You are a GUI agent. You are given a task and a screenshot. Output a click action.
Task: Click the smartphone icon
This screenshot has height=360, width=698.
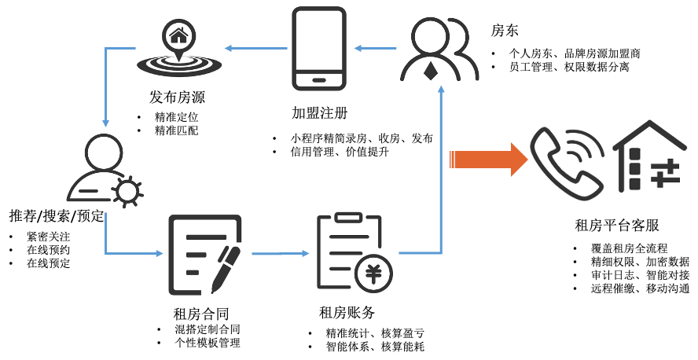tap(320, 49)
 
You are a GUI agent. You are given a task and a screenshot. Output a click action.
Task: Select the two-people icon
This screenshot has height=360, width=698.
tap(439, 49)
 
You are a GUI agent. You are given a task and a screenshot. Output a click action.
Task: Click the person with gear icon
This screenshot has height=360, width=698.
tap(105, 169)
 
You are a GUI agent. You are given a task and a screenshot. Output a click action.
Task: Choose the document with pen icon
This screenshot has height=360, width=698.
tap(207, 253)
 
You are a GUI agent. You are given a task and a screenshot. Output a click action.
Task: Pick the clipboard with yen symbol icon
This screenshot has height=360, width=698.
tap(354, 252)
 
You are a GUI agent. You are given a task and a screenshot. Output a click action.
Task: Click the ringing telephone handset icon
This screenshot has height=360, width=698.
tap(565, 161)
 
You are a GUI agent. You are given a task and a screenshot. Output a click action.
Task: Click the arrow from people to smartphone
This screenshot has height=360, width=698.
tap(375, 49)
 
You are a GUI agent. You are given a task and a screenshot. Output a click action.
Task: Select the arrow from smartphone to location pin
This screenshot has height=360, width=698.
tap(255, 49)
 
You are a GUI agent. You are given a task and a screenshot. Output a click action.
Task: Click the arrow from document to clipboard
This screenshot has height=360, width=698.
tap(281, 253)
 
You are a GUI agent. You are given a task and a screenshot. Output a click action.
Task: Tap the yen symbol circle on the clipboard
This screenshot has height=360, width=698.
tap(374, 274)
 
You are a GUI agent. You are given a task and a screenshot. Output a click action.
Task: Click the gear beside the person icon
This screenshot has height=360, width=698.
tap(127, 191)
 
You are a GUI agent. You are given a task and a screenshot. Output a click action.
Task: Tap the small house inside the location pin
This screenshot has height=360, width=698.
tap(179, 35)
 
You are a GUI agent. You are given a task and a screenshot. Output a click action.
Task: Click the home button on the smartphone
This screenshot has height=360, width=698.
tap(320, 79)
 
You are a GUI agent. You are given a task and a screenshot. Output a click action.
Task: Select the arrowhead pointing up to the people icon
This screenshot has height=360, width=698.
tap(441, 90)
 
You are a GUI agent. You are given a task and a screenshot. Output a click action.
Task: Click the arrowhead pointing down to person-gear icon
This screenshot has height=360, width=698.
tap(105, 123)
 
